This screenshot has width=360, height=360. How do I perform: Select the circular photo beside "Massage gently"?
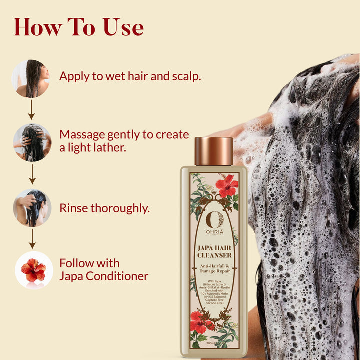(x=32, y=142)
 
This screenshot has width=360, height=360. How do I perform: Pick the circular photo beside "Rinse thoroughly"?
(x=32, y=208)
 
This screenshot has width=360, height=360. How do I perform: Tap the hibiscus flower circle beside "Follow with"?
(x=34, y=270)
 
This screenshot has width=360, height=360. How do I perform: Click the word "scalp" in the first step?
(x=184, y=77)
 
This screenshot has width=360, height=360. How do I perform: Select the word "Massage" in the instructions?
(x=83, y=135)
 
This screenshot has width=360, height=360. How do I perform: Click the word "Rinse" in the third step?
(x=74, y=208)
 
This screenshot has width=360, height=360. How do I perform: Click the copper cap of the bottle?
(x=213, y=151)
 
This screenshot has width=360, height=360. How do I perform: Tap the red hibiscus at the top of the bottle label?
(x=227, y=185)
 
